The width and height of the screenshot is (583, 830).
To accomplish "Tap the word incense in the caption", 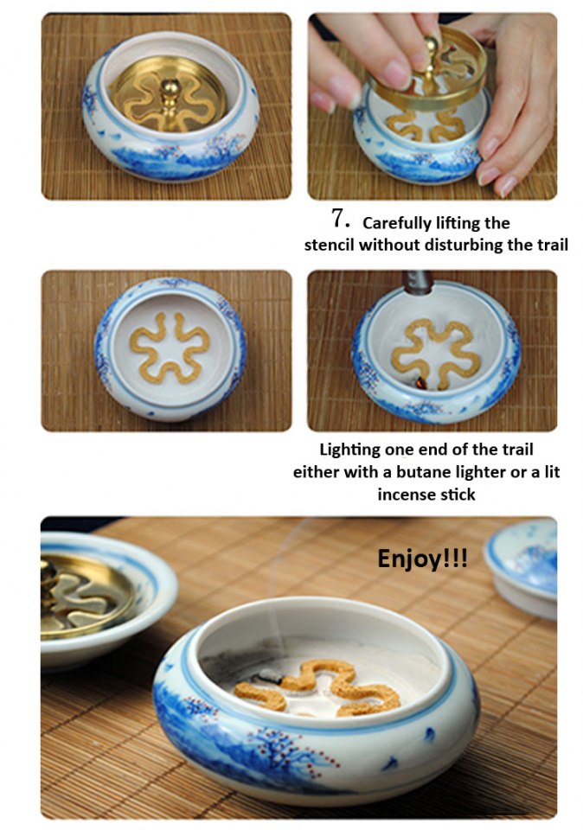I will (407, 495).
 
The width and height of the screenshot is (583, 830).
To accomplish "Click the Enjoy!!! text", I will (422, 558).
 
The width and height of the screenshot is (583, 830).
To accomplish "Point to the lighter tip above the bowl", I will (421, 281).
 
